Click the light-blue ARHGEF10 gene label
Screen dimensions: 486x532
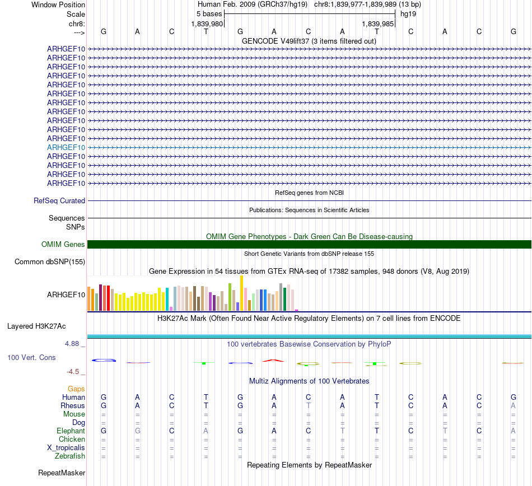66,147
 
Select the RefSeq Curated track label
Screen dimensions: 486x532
59,200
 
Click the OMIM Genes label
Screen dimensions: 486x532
63,244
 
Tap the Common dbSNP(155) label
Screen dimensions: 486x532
50,261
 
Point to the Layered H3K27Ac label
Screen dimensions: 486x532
36,326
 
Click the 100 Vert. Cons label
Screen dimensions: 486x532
31,357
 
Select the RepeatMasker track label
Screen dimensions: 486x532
62,473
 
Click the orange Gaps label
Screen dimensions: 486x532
76,389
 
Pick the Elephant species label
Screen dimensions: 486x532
71,431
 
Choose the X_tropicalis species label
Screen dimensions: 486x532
66,448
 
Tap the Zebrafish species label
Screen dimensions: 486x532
70,456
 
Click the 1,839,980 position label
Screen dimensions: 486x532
207,24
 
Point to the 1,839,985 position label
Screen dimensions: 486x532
379,24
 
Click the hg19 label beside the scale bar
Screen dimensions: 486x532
407,13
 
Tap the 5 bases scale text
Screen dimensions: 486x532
209,13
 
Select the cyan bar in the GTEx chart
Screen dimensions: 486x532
167,299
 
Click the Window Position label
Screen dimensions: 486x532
58,4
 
